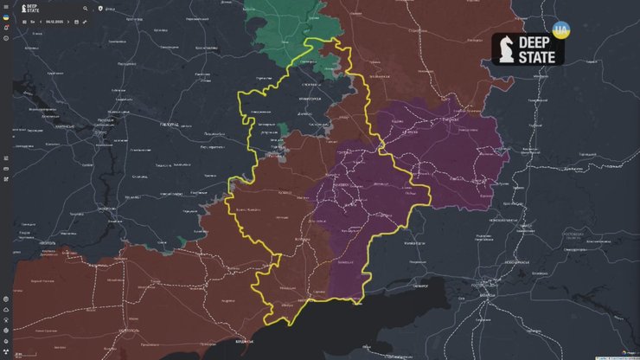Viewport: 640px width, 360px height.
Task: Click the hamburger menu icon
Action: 6,8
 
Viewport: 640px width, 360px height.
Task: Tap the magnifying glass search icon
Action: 86,8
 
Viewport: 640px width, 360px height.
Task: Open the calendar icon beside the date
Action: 77,21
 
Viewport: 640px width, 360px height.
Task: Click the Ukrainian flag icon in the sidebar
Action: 6,18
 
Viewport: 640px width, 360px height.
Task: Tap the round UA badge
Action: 560,29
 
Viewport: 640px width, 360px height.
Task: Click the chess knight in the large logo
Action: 509,48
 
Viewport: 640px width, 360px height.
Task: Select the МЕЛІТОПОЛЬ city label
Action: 127,331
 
